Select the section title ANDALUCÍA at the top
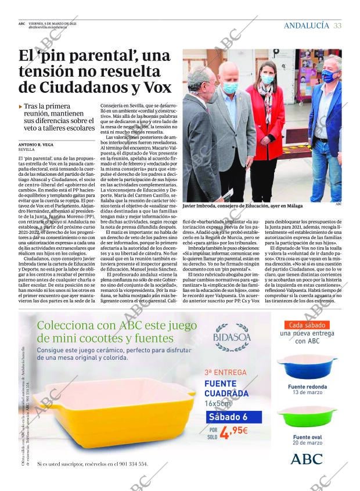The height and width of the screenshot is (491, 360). [x=306, y=26]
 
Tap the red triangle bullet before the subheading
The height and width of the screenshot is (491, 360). [x=21, y=107]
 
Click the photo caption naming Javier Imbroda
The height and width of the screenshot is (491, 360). [x=242, y=206]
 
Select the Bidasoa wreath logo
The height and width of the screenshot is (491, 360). [x=231, y=338]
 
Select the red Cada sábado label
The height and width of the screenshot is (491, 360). [x=307, y=325]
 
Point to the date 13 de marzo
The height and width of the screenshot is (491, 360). [x=307, y=392]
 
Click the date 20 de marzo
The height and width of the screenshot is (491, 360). [x=307, y=442]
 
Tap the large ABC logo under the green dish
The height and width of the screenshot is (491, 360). [x=306, y=459]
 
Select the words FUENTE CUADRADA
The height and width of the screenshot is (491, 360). [x=226, y=389]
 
